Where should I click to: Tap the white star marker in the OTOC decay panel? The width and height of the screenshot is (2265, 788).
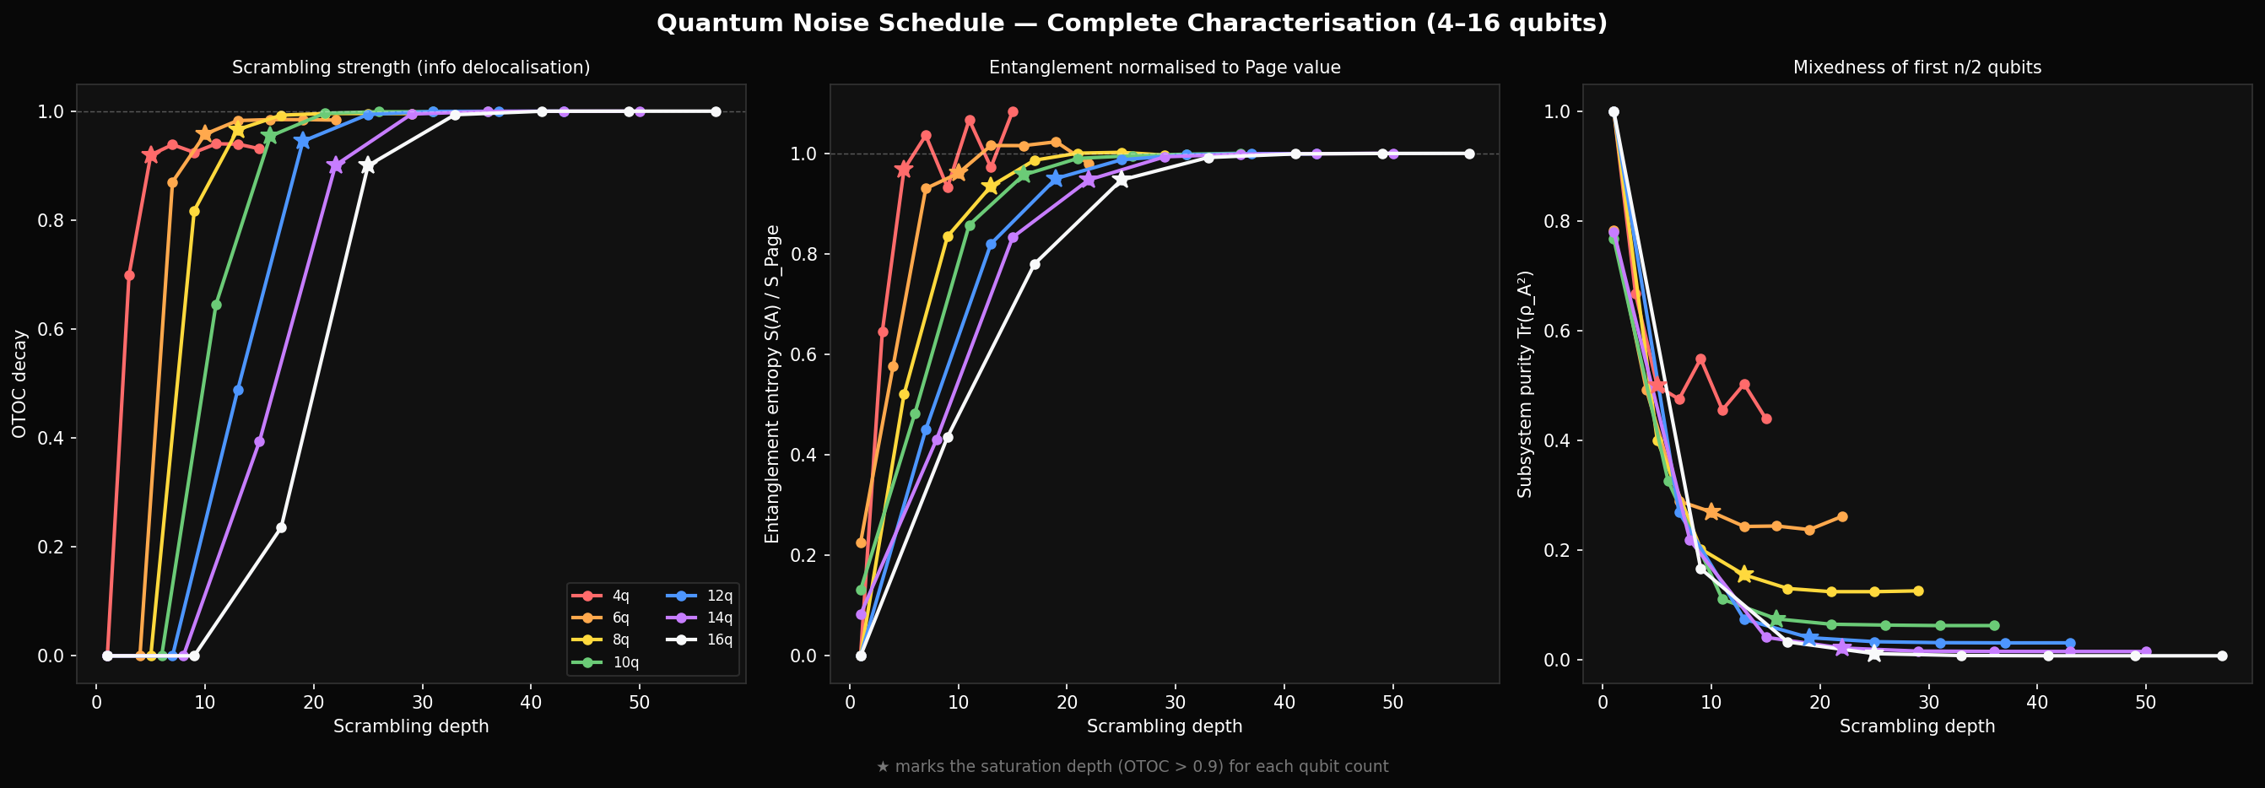(x=368, y=165)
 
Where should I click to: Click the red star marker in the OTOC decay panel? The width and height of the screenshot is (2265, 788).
(x=150, y=154)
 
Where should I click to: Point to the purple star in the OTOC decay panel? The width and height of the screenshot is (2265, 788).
(x=335, y=165)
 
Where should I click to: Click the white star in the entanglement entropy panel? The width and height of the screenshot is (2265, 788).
(x=1120, y=180)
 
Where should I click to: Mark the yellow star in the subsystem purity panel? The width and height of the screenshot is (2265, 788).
(x=1744, y=575)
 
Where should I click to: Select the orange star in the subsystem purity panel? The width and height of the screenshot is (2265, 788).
(x=1711, y=512)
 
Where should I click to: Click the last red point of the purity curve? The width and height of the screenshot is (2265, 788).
(x=1766, y=418)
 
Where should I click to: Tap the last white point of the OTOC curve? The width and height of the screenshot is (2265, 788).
(x=716, y=111)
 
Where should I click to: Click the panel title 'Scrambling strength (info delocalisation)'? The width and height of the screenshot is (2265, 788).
(x=411, y=67)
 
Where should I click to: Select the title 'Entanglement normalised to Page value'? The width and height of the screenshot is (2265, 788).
(x=1165, y=67)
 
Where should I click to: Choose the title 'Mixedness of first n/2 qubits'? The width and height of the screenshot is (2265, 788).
(x=1916, y=67)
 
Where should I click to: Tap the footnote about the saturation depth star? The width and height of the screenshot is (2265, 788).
(x=1132, y=767)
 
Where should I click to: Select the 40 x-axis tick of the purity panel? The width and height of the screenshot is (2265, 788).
(x=2036, y=703)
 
